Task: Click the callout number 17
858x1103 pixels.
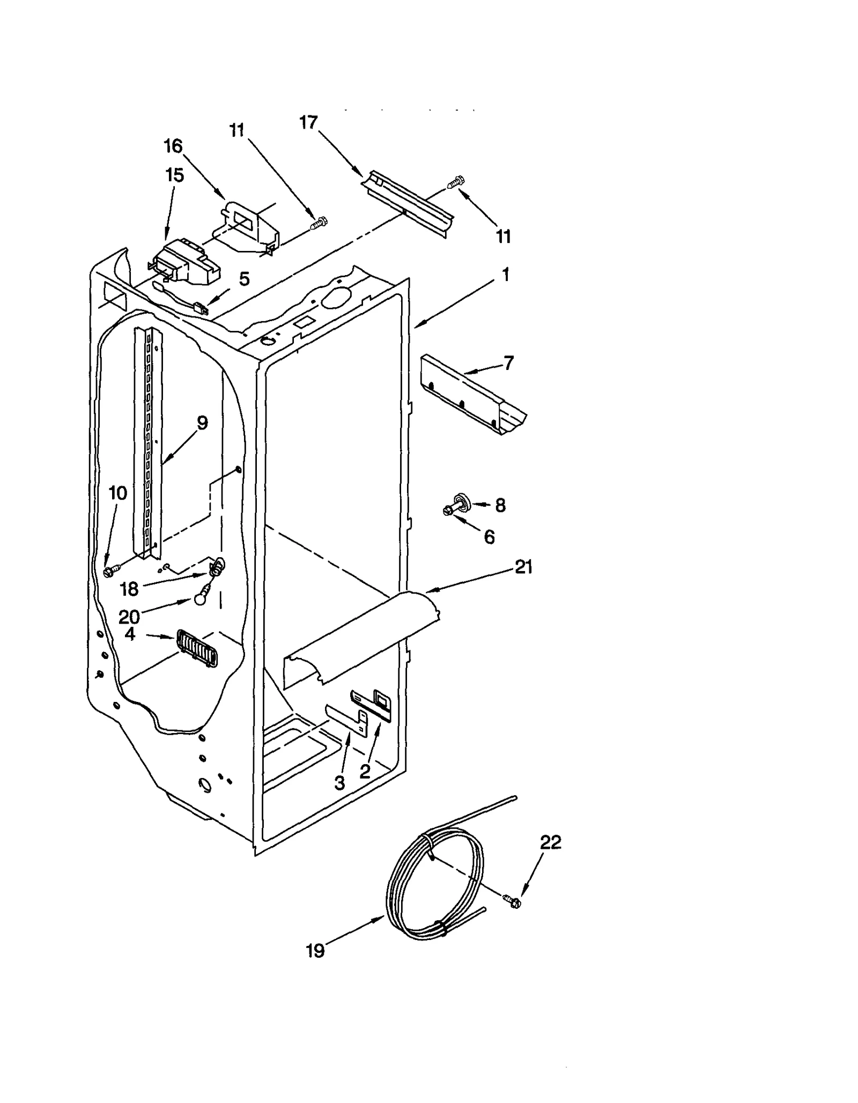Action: tap(308, 123)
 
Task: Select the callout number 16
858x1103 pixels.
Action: tap(173, 146)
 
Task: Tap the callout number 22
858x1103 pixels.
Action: tap(550, 842)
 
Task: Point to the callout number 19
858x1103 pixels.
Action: tap(315, 951)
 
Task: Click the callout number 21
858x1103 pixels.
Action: tap(523, 567)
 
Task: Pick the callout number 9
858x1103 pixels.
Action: tap(202, 423)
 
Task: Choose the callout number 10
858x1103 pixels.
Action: tap(118, 493)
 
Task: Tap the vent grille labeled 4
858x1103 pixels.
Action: tap(197, 648)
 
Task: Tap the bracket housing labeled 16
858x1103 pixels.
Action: tap(249, 225)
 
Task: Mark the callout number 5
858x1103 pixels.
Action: tap(244, 279)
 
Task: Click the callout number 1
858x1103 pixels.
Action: tap(505, 275)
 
